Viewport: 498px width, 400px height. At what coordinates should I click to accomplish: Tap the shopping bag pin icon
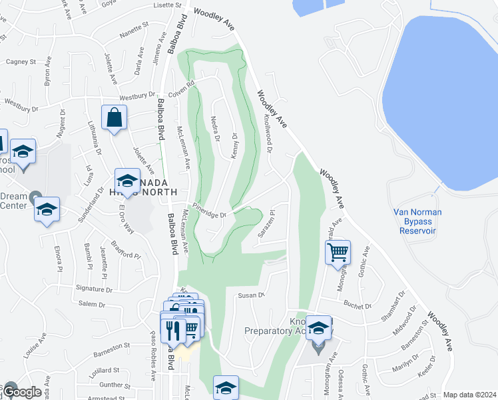(x=115, y=118)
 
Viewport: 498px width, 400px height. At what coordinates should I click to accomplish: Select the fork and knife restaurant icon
(x=172, y=329)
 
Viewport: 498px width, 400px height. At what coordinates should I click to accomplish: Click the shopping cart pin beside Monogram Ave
(x=338, y=252)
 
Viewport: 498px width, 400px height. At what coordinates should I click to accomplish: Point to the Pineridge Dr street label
(x=210, y=209)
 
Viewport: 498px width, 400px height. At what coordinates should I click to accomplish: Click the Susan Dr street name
(x=252, y=294)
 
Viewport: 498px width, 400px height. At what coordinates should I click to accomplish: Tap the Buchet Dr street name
(x=358, y=305)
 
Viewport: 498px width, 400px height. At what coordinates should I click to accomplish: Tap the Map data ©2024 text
(x=469, y=395)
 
